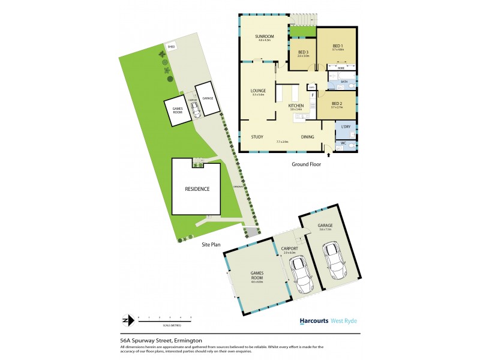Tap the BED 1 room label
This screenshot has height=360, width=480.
tap(338, 46)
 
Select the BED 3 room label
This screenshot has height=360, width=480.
tap(302, 52)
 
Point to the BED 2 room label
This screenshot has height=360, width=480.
tap(337, 103)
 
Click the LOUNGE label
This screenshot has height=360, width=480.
tap(259, 91)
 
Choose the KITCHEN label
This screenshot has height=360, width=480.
tap(296, 106)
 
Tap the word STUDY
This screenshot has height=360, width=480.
tap(258, 137)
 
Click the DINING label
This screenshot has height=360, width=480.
tap(308, 137)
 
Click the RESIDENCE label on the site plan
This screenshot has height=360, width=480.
tap(197, 188)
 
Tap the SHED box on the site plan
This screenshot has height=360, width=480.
tap(171, 46)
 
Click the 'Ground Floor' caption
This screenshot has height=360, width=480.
tap(307, 164)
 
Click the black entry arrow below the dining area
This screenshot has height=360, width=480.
tap(328, 155)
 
